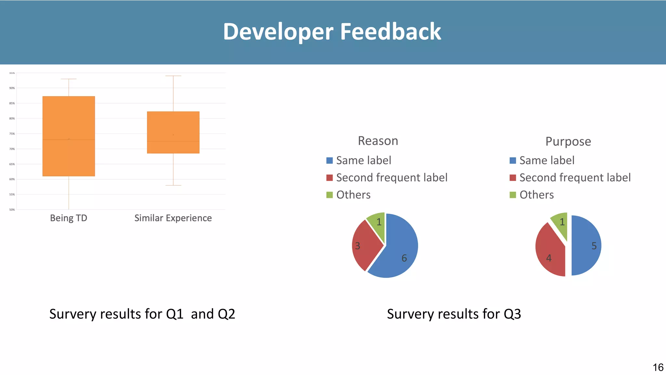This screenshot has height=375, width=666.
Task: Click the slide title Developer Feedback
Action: click(x=332, y=32)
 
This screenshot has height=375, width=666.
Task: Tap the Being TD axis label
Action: click(x=69, y=218)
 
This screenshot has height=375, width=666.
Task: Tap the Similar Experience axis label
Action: click(x=173, y=218)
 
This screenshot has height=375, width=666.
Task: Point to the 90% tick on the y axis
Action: click(x=12, y=88)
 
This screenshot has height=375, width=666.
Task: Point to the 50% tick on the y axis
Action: click(x=12, y=210)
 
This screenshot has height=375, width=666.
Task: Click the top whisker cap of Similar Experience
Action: click(x=173, y=76)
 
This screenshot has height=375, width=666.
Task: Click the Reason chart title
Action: click(x=378, y=141)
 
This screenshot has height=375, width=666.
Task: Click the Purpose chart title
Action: click(x=568, y=142)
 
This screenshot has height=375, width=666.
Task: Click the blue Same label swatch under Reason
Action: click(x=329, y=160)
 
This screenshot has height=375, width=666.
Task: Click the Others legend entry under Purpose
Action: click(x=536, y=195)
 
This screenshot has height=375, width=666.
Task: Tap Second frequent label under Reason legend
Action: click(x=392, y=178)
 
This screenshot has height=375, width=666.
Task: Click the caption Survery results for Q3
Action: click(x=454, y=314)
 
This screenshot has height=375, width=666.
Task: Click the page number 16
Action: click(x=658, y=367)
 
